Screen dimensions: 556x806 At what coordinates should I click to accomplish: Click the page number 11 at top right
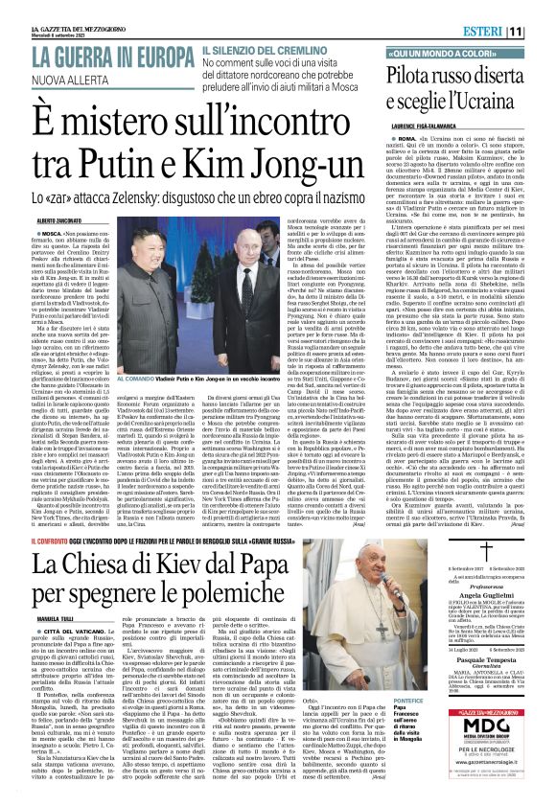[542, 32]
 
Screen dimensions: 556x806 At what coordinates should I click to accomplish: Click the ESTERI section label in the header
[510, 32]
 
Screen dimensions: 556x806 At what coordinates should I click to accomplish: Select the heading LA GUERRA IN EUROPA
[112, 58]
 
